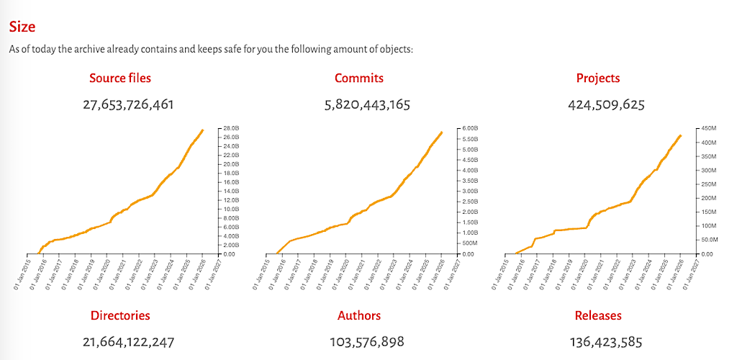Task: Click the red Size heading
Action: pos(22,27)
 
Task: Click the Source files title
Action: pos(120,78)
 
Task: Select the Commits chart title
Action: pos(359,78)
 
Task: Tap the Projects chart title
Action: pos(598,78)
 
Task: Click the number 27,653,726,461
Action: pos(128,104)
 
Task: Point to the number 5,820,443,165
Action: pos(367,104)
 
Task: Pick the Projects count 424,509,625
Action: pos(606,104)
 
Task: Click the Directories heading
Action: pos(120,315)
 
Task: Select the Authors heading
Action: pos(359,315)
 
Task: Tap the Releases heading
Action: pos(598,315)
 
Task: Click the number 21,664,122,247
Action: pos(128,342)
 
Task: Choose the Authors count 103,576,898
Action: pos(367,342)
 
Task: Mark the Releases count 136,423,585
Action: pos(606,342)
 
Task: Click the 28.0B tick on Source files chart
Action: pos(232,128)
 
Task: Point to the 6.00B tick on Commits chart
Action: pos(469,128)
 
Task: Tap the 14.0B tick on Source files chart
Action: pos(232,191)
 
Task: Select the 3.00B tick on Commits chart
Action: pos(469,191)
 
